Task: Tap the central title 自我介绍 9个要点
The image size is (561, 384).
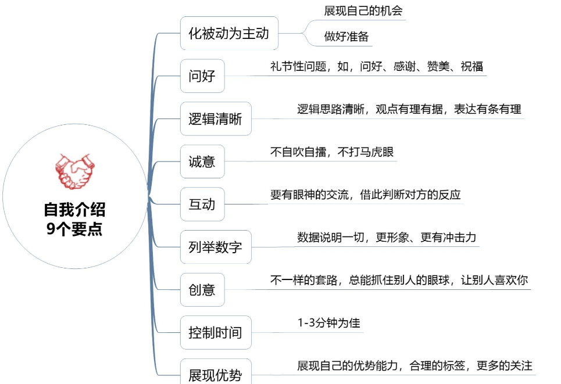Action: (x=74, y=218)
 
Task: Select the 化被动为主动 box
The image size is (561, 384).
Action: (x=228, y=33)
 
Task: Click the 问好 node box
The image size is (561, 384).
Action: (x=202, y=76)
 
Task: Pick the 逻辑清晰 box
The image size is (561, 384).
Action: (x=215, y=119)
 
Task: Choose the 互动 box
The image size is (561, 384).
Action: (x=202, y=204)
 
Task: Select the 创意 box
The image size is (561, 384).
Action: (x=202, y=289)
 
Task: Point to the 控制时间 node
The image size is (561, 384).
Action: (x=215, y=333)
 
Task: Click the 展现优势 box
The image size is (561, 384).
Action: (x=215, y=374)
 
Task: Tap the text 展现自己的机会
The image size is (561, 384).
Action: (x=363, y=11)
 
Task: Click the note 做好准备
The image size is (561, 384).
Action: (x=346, y=37)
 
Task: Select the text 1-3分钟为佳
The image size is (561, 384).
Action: (x=328, y=322)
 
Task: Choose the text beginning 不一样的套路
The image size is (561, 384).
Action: (x=399, y=279)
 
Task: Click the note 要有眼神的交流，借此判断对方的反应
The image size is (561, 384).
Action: (x=365, y=195)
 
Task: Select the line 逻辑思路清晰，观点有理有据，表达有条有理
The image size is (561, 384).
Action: (x=409, y=109)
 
